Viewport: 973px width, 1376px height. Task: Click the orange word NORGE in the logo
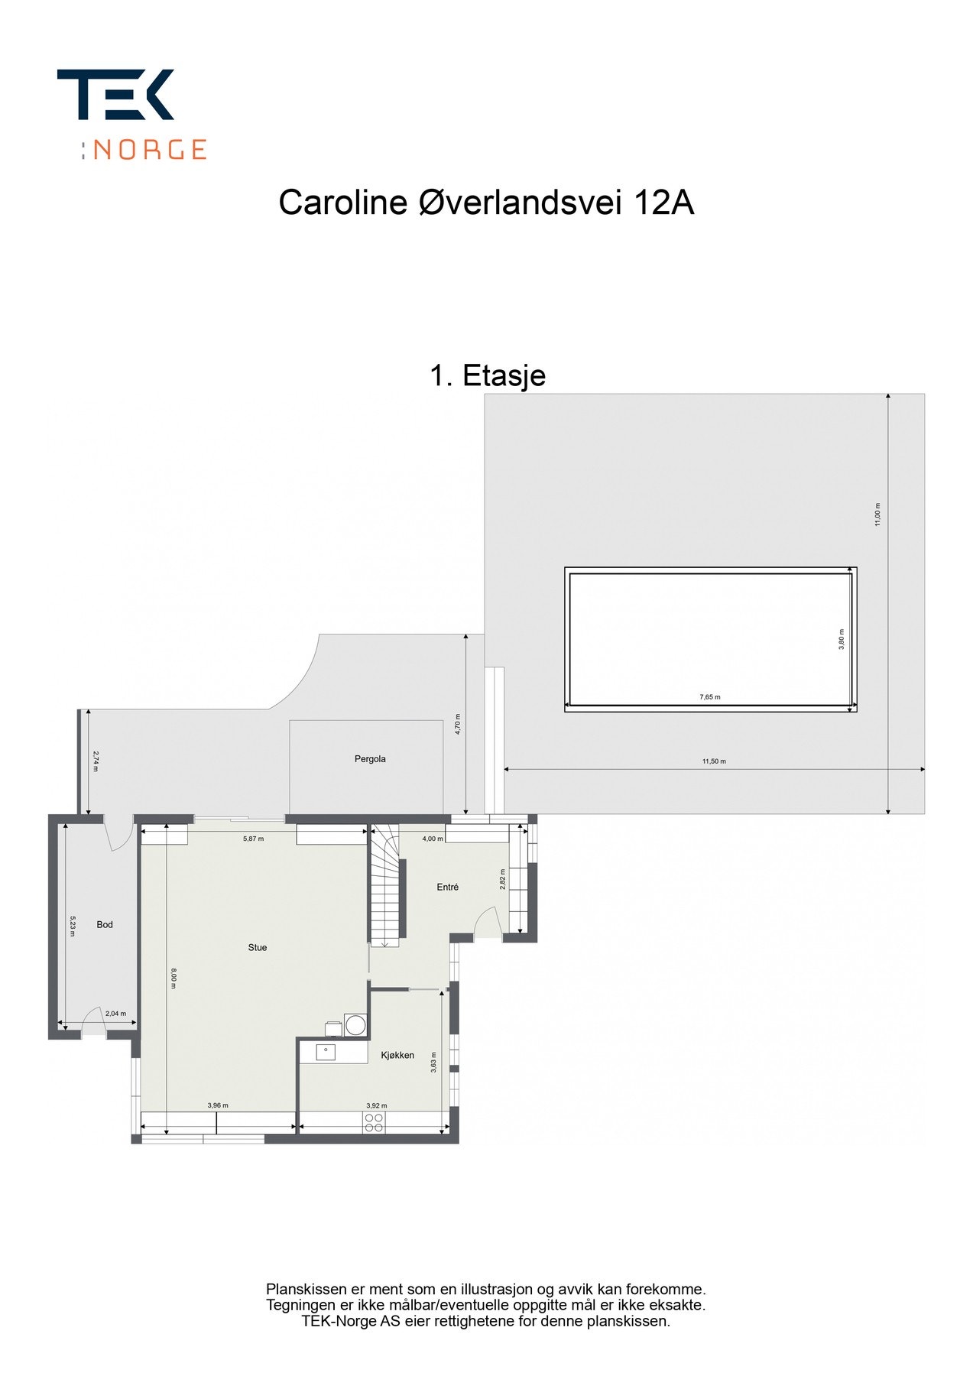coord(150,149)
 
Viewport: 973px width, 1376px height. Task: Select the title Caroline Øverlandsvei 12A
coord(486,203)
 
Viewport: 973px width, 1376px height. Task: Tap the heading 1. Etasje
coord(488,375)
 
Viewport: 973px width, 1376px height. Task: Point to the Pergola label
coord(370,759)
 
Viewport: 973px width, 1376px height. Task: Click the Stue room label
coord(258,948)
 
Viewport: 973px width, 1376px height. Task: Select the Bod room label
coord(105,925)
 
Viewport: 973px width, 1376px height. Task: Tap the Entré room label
coord(448,888)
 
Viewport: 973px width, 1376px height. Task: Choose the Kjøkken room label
coord(397,1056)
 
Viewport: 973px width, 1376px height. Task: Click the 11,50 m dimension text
coord(714,761)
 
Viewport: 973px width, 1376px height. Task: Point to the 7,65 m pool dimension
coord(710,697)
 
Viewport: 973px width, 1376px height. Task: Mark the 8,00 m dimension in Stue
coord(174,979)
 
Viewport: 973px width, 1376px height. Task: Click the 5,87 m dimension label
coord(254,839)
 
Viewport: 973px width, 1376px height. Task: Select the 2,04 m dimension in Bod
coord(115,1014)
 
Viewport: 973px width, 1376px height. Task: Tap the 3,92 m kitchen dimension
coord(377,1105)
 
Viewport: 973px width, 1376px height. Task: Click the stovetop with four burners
coord(374,1122)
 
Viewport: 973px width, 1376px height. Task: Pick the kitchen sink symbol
coord(326,1052)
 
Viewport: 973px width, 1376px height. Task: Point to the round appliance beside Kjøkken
coord(355,1024)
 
